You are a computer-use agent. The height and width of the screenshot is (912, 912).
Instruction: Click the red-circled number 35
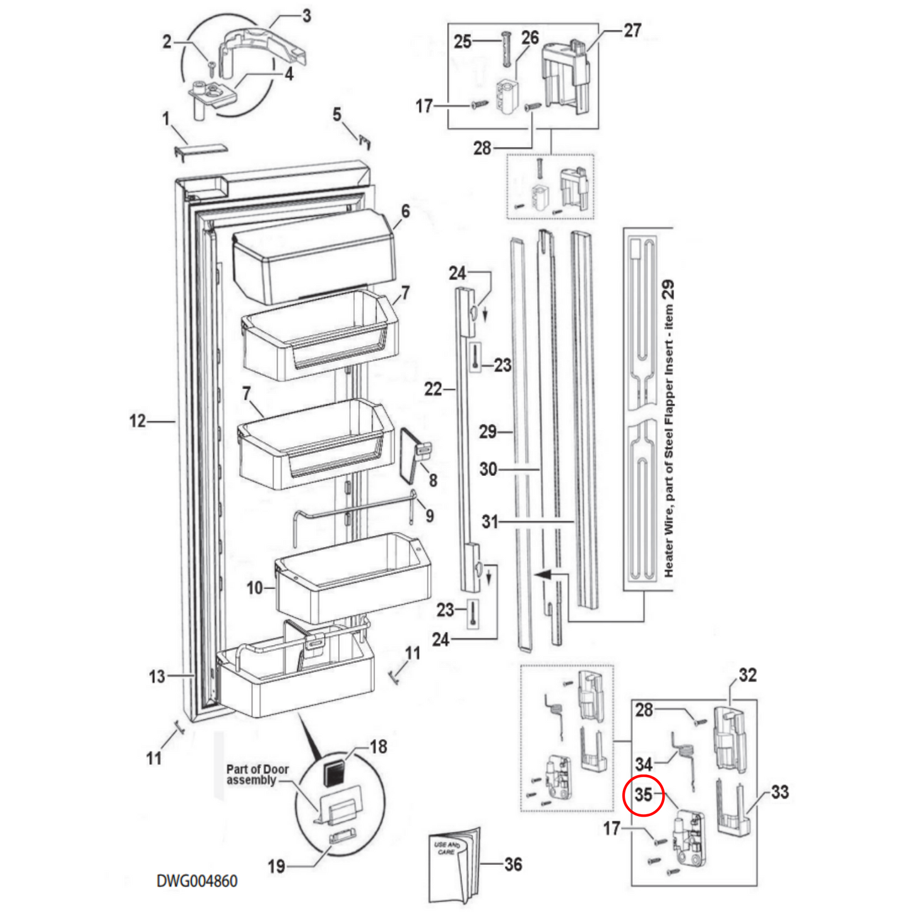click(x=643, y=795)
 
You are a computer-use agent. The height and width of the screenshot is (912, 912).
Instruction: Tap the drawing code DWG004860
click(x=197, y=881)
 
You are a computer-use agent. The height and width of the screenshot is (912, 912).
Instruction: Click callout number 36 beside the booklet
click(x=513, y=864)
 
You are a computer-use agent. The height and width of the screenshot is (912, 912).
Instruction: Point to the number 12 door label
click(x=138, y=421)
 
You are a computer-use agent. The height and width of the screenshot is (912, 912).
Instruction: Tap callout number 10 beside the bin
click(x=254, y=588)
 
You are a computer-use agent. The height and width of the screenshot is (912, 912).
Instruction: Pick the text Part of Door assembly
click(x=258, y=774)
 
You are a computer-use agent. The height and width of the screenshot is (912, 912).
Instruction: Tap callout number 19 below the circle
click(x=276, y=867)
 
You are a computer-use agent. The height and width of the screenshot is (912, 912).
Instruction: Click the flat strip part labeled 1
click(x=200, y=150)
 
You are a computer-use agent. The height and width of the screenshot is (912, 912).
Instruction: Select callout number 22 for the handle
click(x=433, y=389)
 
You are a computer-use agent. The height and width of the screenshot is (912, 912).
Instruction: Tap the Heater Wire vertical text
click(x=668, y=429)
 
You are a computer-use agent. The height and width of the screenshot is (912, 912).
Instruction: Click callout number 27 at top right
click(x=632, y=30)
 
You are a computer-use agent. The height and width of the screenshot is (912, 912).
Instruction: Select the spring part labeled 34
click(x=685, y=757)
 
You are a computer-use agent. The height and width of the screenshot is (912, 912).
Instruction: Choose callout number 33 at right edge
click(x=779, y=792)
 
